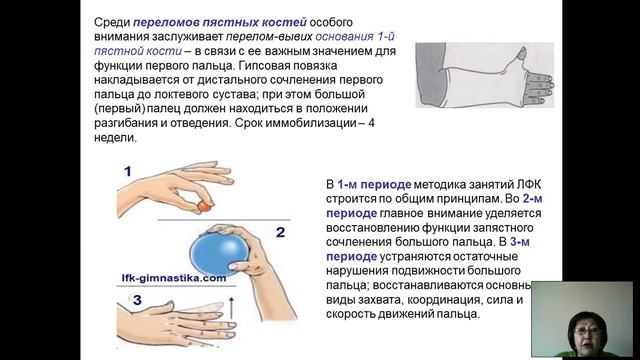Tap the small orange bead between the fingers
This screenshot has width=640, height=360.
[x=203, y=207]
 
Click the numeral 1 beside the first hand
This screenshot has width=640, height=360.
[x=128, y=171]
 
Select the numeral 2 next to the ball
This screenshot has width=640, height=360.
[x=280, y=232]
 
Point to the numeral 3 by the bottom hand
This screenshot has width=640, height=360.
[x=137, y=300]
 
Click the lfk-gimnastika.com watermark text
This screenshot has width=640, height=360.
[x=174, y=278]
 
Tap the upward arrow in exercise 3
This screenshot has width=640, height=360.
[x=231, y=308]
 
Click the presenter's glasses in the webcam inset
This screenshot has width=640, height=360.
[x=586, y=330]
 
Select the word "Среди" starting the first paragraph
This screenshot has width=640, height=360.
[x=112, y=22]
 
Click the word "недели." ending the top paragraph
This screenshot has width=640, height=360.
[x=115, y=138]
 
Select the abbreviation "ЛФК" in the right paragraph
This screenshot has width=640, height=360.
[x=529, y=184]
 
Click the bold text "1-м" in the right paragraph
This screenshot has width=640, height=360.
[x=347, y=184]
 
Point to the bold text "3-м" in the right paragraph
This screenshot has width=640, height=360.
[x=520, y=242]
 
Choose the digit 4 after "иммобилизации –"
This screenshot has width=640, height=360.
[x=371, y=123]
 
